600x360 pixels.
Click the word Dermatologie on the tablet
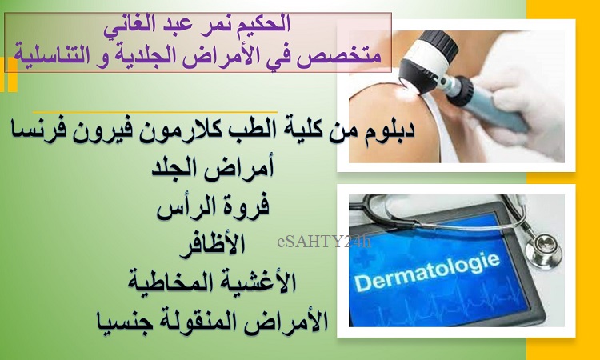pos(426,272)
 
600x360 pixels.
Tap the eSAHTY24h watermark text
pos(324,242)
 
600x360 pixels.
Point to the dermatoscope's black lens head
pos(420,64)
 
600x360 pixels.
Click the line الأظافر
pos(212,246)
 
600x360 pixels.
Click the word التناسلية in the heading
pos(53,54)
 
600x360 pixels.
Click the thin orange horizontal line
pos(154,113)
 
